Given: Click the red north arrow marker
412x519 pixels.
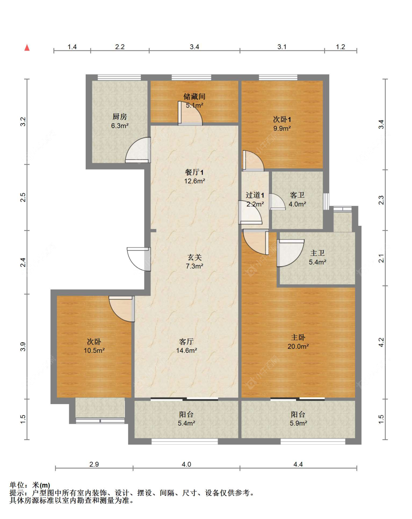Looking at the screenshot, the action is click(27, 48).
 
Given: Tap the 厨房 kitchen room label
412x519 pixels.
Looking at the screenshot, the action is click(119, 117).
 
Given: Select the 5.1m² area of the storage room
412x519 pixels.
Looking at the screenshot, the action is click(194, 105).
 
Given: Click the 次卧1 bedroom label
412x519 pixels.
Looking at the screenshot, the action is click(282, 119).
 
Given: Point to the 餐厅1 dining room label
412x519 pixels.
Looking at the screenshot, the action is click(194, 172).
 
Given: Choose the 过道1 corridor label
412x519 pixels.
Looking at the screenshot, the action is click(255, 195).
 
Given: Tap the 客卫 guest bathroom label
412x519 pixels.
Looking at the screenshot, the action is click(297, 195).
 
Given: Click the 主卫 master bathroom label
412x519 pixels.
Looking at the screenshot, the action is click(318, 253).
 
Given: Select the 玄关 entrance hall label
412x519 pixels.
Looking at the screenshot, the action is click(194, 257).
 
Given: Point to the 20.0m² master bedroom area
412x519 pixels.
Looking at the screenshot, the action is click(298, 346).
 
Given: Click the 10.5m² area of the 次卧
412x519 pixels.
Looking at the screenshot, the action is click(94, 350).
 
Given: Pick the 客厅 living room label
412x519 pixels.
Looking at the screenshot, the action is click(186, 341).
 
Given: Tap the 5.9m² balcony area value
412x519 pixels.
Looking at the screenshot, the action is click(298, 423).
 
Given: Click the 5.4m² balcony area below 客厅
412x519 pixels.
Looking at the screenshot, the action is click(186, 423).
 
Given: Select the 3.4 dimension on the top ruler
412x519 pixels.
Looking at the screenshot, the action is click(194, 47).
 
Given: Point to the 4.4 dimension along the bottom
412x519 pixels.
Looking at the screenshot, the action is click(298, 464).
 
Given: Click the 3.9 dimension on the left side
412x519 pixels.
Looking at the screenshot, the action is click(23, 347).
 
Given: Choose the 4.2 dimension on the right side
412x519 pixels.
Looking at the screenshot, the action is click(381, 343).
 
